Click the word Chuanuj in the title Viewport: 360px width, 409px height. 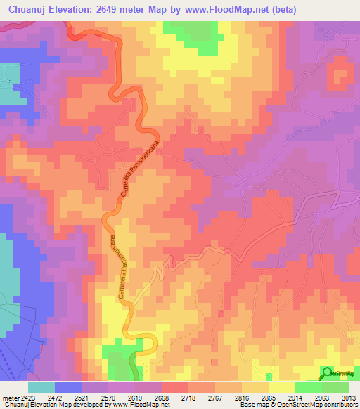[x=30, y=9]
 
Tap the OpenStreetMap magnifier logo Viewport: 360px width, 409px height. [x=328, y=372]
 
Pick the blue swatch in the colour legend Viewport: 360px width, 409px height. [x=67, y=387]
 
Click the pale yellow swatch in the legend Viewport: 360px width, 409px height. [x=281, y=387]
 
